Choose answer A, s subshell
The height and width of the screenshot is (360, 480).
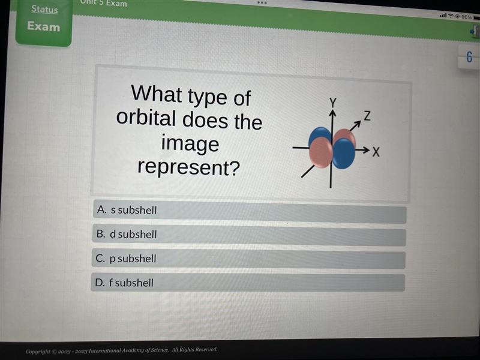click(250, 212)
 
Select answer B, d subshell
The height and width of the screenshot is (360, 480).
click(249, 236)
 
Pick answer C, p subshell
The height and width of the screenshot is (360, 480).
click(248, 259)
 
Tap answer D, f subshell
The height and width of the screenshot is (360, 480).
click(248, 282)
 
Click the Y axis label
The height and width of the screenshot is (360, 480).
click(333, 103)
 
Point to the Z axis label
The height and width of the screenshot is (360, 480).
click(367, 116)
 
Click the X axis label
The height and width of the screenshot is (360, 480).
click(376, 152)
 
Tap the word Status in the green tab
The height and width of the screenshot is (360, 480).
click(44, 9)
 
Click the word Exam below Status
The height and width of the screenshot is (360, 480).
click(43, 26)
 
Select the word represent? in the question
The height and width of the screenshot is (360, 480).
click(188, 167)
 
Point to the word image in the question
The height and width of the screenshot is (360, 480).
click(190, 143)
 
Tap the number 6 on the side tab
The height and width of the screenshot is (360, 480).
click(469, 57)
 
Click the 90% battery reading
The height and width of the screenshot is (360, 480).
click(467, 17)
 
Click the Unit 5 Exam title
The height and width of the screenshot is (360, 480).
click(103, 3)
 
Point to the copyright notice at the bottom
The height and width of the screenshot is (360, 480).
click(122, 350)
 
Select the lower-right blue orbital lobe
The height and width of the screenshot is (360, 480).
click(343, 154)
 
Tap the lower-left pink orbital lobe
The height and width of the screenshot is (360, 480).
click(321, 152)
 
